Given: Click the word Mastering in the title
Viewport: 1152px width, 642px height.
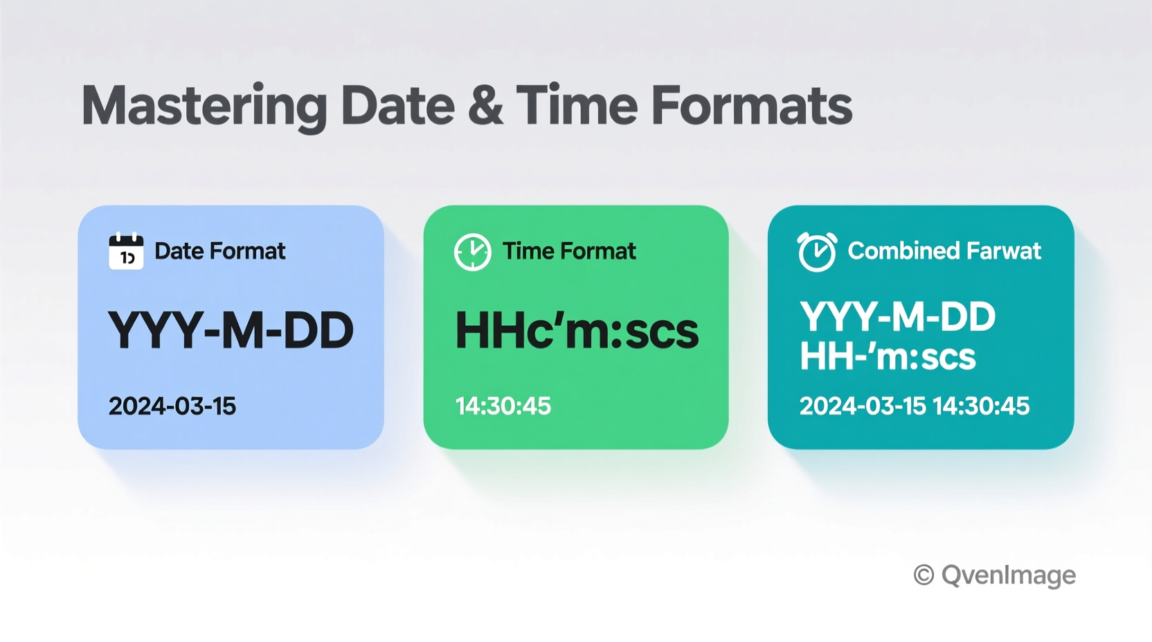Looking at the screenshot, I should click(x=204, y=106).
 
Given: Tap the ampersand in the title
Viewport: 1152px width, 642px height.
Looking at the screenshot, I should click(x=485, y=106).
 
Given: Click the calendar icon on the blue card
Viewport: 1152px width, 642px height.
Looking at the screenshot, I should click(x=126, y=251).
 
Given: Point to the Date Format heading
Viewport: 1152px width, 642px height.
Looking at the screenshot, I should click(x=219, y=251).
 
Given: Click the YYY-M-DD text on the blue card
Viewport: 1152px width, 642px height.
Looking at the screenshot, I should click(x=231, y=331).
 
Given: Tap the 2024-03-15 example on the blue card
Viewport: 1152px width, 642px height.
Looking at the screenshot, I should click(x=172, y=406).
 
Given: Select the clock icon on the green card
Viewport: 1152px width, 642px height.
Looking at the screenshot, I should click(x=472, y=252).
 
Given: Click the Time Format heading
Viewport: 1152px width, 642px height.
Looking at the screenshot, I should click(x=568, y=251).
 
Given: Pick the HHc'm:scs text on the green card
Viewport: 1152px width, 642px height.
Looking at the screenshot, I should click(x=577, y=331).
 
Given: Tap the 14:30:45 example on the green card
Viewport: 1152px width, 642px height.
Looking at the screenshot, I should click(x=503, y=406).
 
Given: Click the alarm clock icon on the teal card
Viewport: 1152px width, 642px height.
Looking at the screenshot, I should click(x=817, y=252).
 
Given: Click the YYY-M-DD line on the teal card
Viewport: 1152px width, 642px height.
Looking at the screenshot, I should click(x=897, y=318).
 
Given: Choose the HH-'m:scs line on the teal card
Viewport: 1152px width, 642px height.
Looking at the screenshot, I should click(x=888, y=357).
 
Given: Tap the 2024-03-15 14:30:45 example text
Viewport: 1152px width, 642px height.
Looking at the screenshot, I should click(x=914, y=406).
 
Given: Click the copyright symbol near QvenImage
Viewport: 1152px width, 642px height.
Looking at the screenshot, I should click(x=924, y=575).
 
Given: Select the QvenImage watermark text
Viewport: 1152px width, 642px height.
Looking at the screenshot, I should click(x=1008, y=575).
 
